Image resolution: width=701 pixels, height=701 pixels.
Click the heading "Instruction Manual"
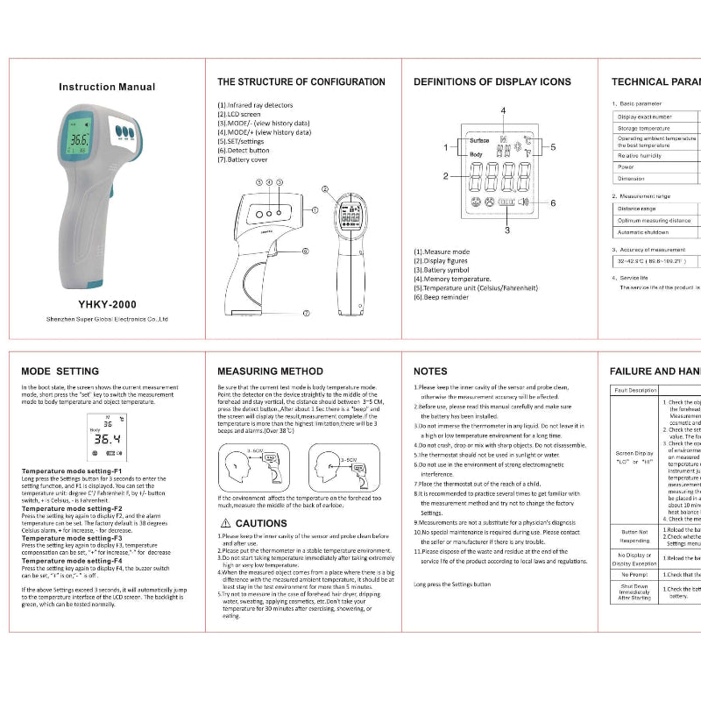pyautogui.click(x=107, y=87)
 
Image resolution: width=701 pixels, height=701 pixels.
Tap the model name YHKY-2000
pyautogui.click(x=107, y=302)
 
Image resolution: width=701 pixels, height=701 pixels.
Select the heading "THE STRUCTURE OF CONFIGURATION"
pyautogui.click(x=301, y=81)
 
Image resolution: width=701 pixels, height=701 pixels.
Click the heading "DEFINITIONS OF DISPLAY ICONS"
pyautogui.click(x=492, y=81)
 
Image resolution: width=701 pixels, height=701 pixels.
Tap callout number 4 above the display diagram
pyautogui.click(x=504, y=110)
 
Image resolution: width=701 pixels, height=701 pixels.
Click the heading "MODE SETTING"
pyautogui.click(x=60, y=371)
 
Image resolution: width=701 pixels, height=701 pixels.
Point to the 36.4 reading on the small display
pyautogui.click(x=107, y=438)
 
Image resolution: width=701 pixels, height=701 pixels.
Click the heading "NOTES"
pyautogui.click(x=430, y=371)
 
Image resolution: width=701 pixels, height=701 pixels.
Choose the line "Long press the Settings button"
pyautogui.click(x=452, y=584)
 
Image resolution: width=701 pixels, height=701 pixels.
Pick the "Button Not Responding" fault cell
pyautogui.click(x=634, y=535)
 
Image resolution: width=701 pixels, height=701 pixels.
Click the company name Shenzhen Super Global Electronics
pyautogui.click(x=107, y=320)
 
